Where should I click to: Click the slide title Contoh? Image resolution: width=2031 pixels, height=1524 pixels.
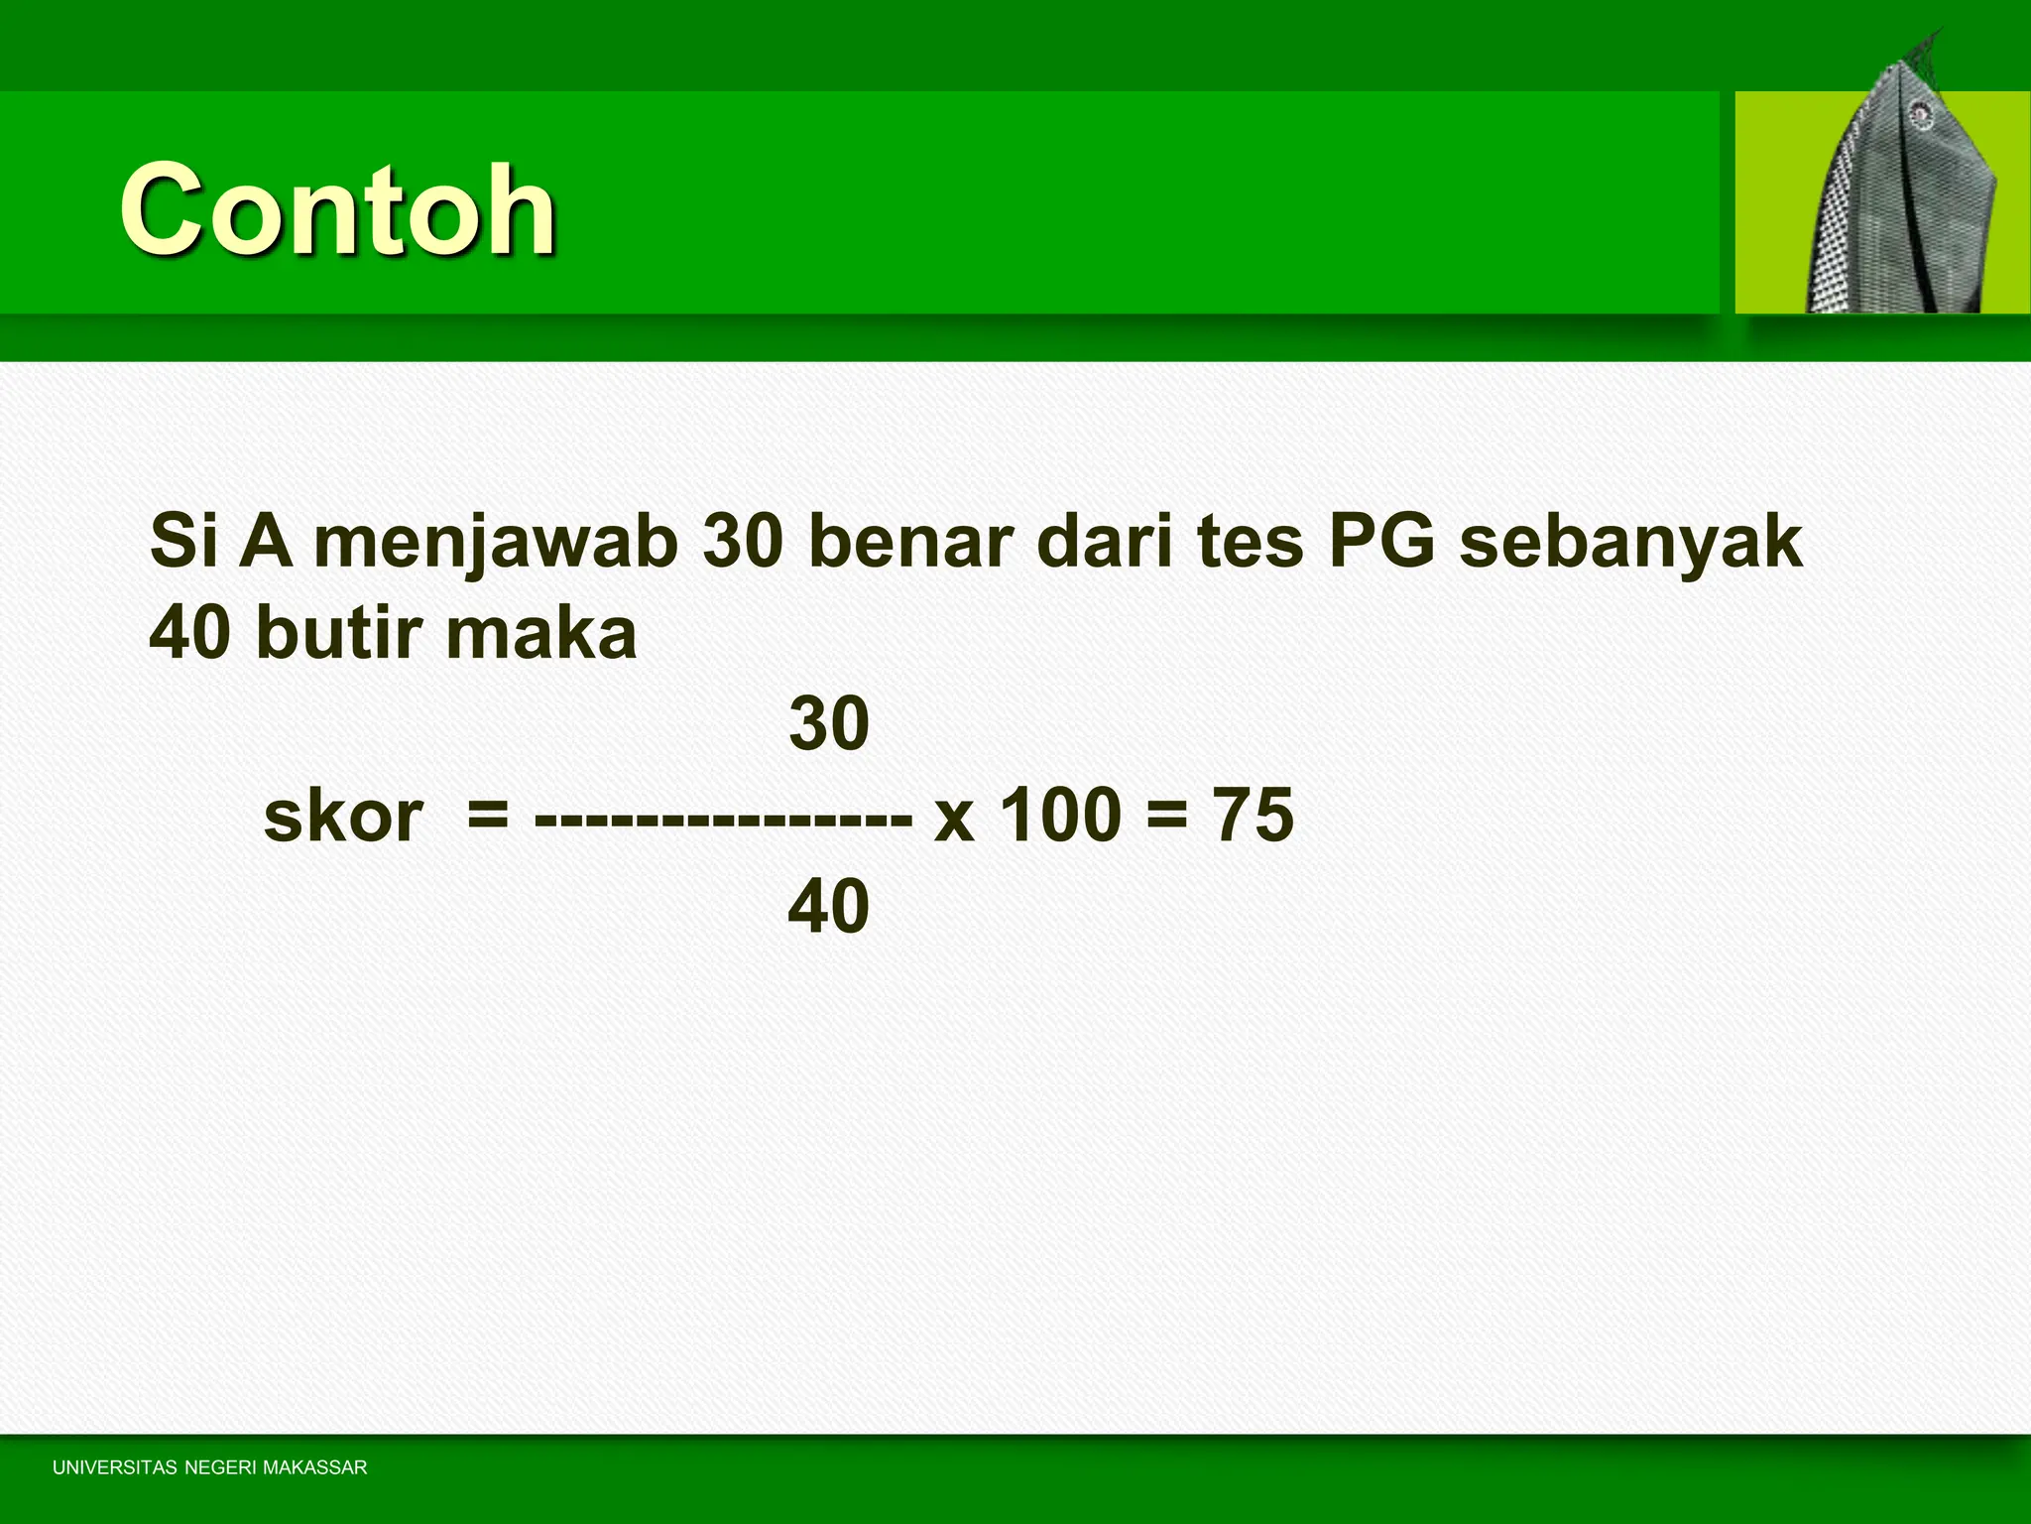pyautogui.click(x=337, y=210)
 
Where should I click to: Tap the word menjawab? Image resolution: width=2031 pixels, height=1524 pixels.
pyautogui.click(x=496, y=543)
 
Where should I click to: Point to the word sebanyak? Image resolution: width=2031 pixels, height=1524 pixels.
pyautogui.click(x=1630, y=543)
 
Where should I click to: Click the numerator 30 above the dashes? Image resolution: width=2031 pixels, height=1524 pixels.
pyautogui.click(x=829, y=723)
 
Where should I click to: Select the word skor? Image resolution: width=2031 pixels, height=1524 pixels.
pyautogui.click(x=343, y=816)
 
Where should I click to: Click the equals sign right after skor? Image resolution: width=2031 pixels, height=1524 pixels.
pyautogui.click(x=487, y=818)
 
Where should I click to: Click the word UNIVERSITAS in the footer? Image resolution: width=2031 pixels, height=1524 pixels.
pyautogui.click(x=114, y=1467)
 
